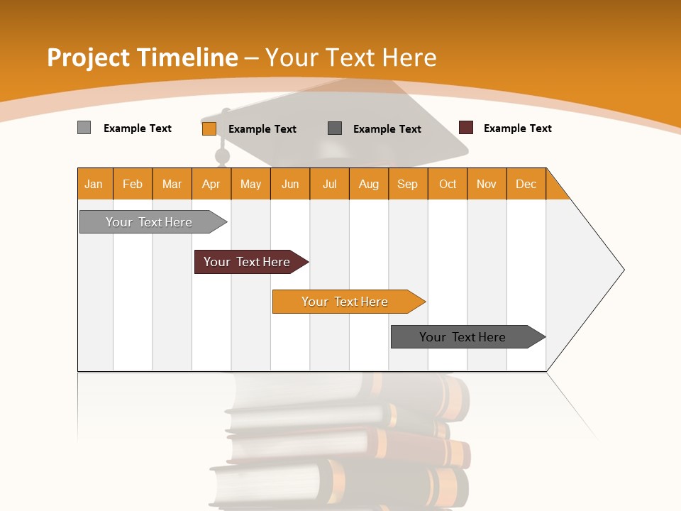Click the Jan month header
point(94,184)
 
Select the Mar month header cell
point(172,184)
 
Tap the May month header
point(250,184)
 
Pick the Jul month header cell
point(329,184)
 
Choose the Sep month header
point(407,184)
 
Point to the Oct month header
point(448,184)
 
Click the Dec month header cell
point(526,184)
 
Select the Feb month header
point(133,184)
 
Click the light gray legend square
point(84,128)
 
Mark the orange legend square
point(209,128)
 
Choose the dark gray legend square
point(335,128)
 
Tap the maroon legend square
point(466,128)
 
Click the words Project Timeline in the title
point(143,57)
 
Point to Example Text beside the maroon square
point(517,128)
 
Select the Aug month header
point(369,184)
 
